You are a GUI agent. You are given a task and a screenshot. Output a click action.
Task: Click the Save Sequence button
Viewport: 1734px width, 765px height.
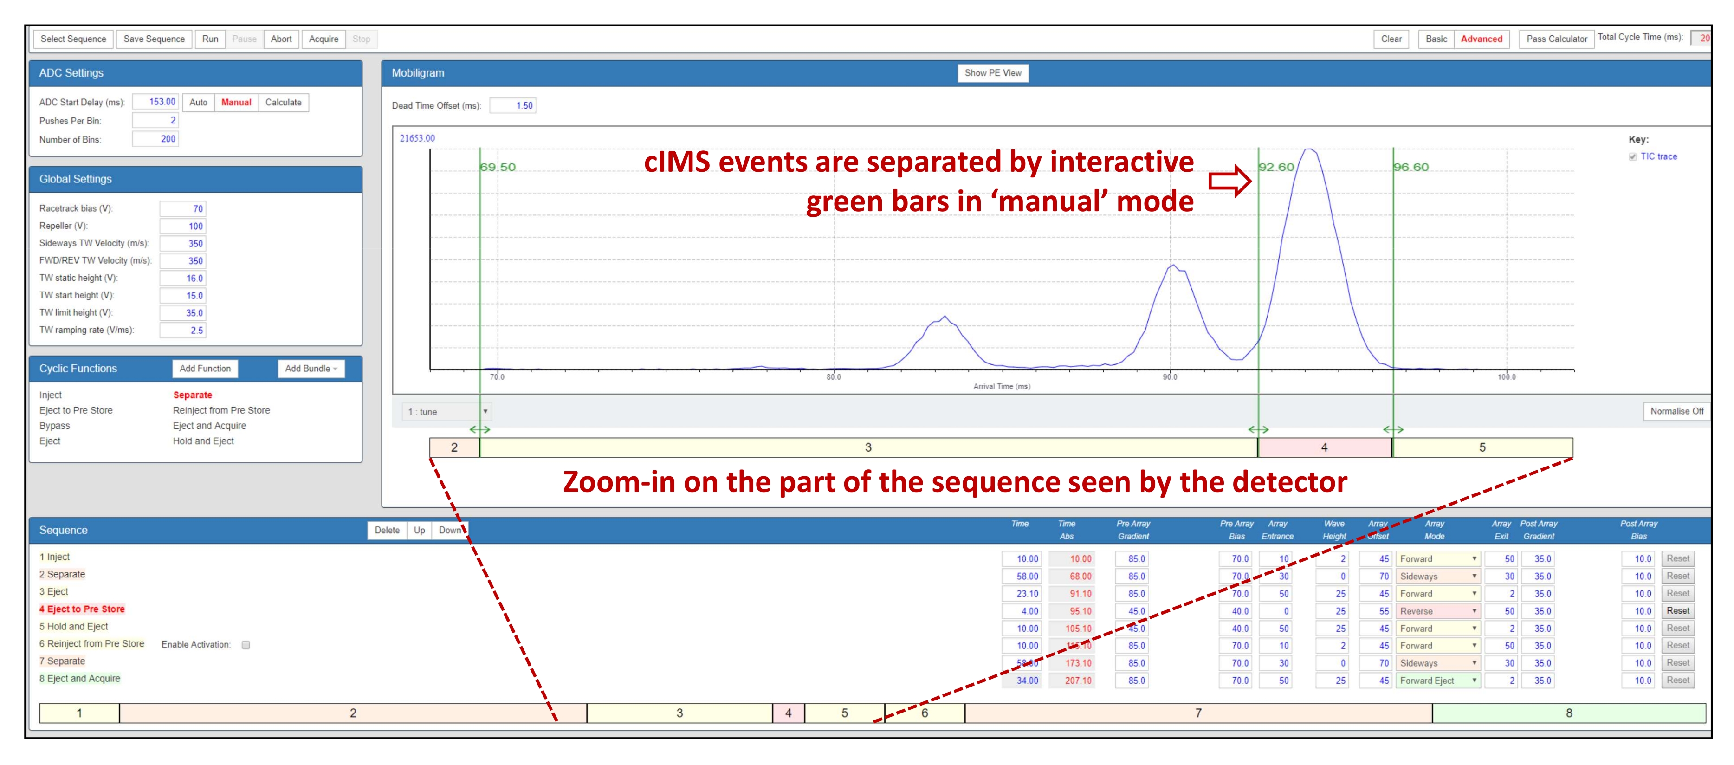click(x=154, y=39)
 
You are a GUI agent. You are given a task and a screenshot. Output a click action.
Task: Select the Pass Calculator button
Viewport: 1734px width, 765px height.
click(x=1556, y=39)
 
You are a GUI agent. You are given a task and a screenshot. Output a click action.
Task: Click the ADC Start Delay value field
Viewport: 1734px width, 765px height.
click(x=155, y=102)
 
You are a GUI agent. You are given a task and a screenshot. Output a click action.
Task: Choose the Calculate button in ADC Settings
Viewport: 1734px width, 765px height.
click(x=284, y=103)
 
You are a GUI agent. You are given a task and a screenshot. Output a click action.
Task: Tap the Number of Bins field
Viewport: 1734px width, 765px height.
click(x=155, y=139)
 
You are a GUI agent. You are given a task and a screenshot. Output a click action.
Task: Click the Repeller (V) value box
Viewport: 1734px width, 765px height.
click(x=182, y=226)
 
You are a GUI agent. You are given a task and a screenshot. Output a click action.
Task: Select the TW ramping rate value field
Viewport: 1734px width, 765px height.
click(x=182, y=330)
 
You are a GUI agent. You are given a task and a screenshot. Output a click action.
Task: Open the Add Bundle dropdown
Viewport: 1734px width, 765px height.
click(x=311, y=369)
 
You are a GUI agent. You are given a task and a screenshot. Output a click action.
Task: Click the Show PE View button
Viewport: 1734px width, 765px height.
click(x=993, y=73)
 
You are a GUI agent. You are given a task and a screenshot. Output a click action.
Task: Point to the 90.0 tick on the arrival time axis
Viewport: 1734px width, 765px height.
click(x=1170, y=377)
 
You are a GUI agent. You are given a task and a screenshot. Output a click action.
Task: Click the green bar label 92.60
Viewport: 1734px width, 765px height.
click(x=1277, y=167)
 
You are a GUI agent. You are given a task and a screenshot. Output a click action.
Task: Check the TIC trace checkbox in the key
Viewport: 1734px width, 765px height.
click(x=1632, y=157)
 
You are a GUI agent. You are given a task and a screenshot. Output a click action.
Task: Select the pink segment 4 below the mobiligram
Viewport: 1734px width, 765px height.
click(x=1325, y=447)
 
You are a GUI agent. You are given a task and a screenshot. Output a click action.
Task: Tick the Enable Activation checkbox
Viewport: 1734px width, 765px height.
click(x=246, y=644)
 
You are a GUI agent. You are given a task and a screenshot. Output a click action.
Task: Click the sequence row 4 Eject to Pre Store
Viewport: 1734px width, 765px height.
click(x=82, y=609)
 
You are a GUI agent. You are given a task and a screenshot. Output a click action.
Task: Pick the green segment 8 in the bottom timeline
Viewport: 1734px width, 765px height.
click(x=1568, y=713)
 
